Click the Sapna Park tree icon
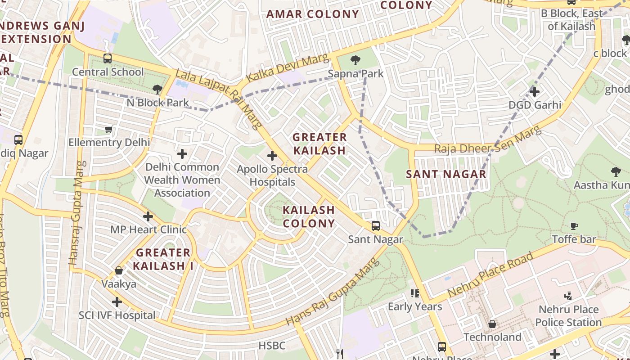point(355,60)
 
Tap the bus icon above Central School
point(107,58)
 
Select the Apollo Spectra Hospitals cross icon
point(272,156)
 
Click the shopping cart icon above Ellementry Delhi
point(108,130)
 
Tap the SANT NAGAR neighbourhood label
point(446,174)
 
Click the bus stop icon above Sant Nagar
point(375,226)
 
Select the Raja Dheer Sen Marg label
point(487,140)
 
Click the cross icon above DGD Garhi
point(534,92)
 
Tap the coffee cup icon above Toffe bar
point(574,226)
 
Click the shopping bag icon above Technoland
point(492,324)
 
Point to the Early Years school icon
point(414,293)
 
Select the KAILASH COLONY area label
point(309,216)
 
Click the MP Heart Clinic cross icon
point(148,216)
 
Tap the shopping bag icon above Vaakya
point(118,270)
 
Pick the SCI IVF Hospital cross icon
point(117,301)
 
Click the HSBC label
point(272,346)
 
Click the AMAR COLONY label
point(312,14)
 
